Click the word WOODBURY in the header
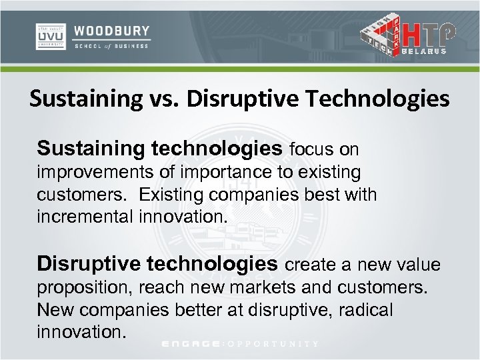pyautogui.click(x=112, y=31)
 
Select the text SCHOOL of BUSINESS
pyautogui.click(x=112, y=47)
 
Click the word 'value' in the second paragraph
pyautogui.click(x=418, y=265)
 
